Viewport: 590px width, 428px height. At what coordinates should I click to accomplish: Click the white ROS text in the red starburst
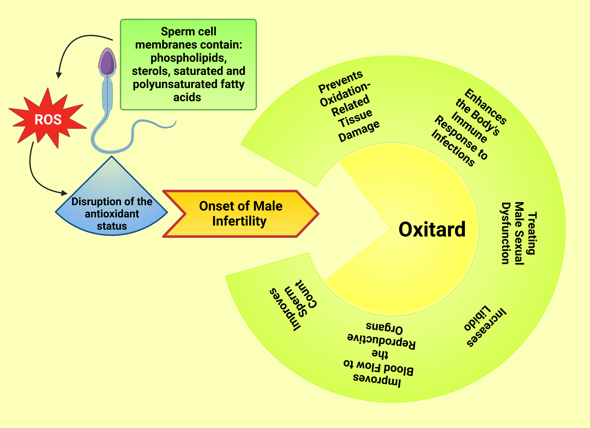click(x=48, y=120)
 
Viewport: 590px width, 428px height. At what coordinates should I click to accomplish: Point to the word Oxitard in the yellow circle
click(x=432, y=230)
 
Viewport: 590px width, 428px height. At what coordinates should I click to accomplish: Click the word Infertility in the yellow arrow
click(x=239, y=221)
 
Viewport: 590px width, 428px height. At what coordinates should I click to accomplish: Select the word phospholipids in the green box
click(x=189, y=58)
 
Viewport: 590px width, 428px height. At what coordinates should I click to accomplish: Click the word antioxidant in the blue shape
click(x=112, y=214)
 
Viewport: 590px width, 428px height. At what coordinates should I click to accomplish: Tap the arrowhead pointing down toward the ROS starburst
click(x=59, y=75)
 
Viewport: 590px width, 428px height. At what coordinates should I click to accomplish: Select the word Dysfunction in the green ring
click(x=505, y=233)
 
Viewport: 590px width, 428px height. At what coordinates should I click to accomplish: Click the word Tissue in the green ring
click(x=355, y=118)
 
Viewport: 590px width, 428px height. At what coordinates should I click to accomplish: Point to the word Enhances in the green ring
click(x=485, y=106)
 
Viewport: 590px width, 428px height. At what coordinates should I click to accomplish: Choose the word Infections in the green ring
click(x=453, y=148)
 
